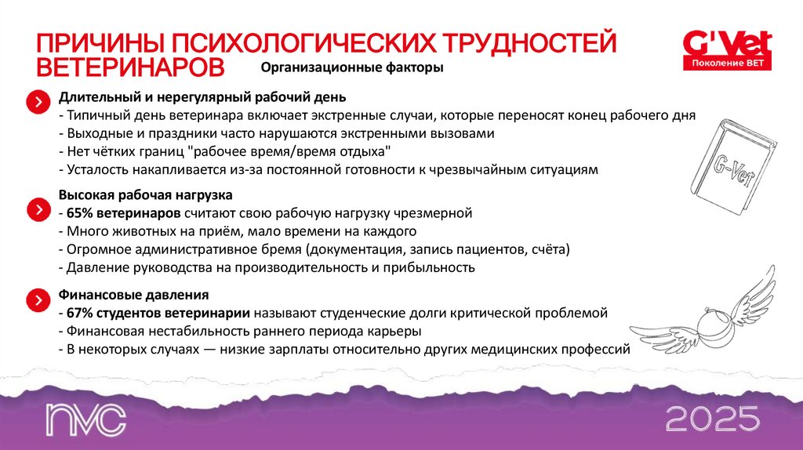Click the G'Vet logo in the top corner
click(727, 41)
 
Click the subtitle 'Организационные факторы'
click(352, 68)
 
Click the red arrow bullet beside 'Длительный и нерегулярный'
click(36, 102)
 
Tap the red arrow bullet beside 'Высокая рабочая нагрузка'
click(36, 210)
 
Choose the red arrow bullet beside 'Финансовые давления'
click(36, 301)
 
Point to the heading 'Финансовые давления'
click(133, 296)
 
